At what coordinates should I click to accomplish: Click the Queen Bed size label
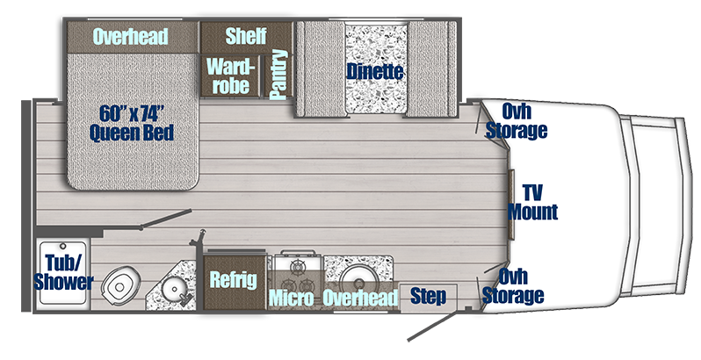click(x=131, y=123)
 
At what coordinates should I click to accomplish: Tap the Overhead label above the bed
click(x=131, y=36)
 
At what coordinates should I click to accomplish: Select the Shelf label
click(x=246, y=36)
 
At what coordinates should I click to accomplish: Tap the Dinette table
click(x=374, y=70)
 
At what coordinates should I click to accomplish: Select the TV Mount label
click(x=532, y=201)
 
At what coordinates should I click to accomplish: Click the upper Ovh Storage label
click(x=524, y=120)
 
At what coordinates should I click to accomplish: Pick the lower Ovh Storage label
click(x=520, y=286)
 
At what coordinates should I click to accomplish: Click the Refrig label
click(x=234, y=280)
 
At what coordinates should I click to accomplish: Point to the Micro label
click(x=292, y=298)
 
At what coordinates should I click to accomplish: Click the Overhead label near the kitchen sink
click(x=359, y=298)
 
